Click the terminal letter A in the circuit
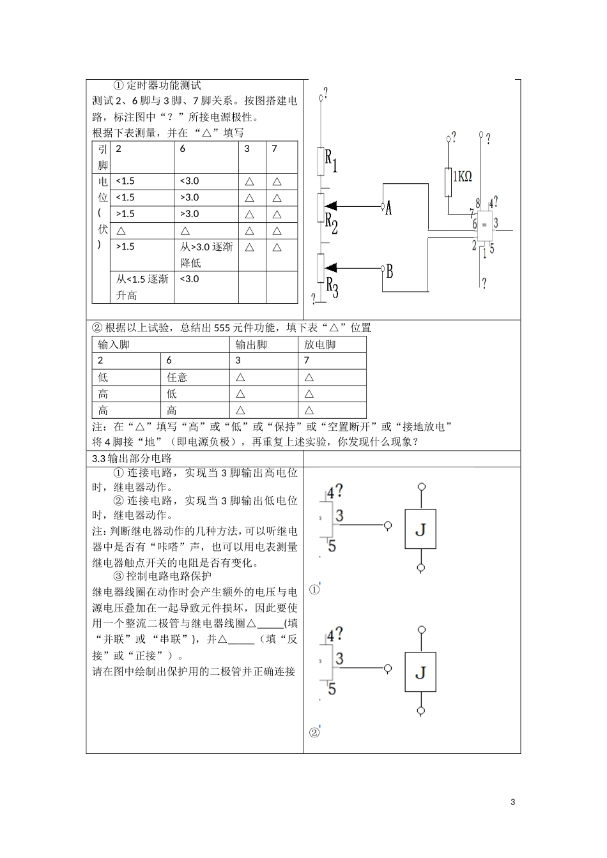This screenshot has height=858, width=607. [x=388, y=207]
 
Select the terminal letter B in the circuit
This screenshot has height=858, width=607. [x=389, y=271]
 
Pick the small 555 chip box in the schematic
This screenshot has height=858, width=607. [x=484, y=225]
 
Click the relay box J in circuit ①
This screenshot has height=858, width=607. [x=420, y=529]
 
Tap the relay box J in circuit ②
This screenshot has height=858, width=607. [x=420, y=672]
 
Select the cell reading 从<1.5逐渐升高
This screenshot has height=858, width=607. [x=142, y=287]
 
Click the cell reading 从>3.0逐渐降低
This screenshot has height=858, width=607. [x=206, y=254]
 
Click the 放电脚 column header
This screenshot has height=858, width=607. [x=319, y=345]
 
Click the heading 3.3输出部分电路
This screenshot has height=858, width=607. [x=132, y=458]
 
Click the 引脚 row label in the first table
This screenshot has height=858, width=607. [x=102, y=156]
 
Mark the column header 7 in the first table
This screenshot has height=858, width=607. [x=275, y=149]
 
